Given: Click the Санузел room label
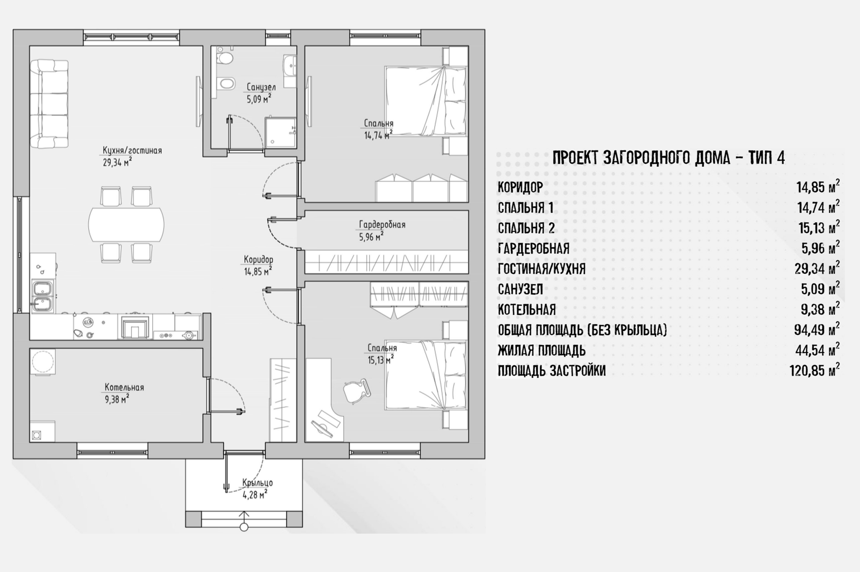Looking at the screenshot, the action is [261, 87].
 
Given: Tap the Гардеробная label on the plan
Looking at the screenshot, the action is [382, 224].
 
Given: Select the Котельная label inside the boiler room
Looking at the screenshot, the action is [124, 387].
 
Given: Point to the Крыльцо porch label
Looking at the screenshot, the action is [257, 483].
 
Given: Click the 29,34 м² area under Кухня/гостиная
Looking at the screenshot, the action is [117, 162].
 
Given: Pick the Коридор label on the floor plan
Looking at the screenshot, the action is [258, 260].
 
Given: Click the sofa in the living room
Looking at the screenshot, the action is [49, 104].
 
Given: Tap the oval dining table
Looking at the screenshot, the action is [126, 224].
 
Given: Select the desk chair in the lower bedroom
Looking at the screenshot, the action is [357, 391].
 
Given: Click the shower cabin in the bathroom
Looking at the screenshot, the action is [281, 132].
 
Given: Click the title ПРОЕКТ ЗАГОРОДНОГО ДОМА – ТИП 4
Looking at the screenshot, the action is [669, 158].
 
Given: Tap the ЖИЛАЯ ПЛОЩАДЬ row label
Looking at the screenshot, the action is [541, 350].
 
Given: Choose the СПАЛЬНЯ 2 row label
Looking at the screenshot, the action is [526, 228].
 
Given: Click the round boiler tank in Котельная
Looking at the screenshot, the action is [43, 362].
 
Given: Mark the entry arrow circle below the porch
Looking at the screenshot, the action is [244, 528].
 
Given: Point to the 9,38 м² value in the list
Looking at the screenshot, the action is [821, 309].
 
